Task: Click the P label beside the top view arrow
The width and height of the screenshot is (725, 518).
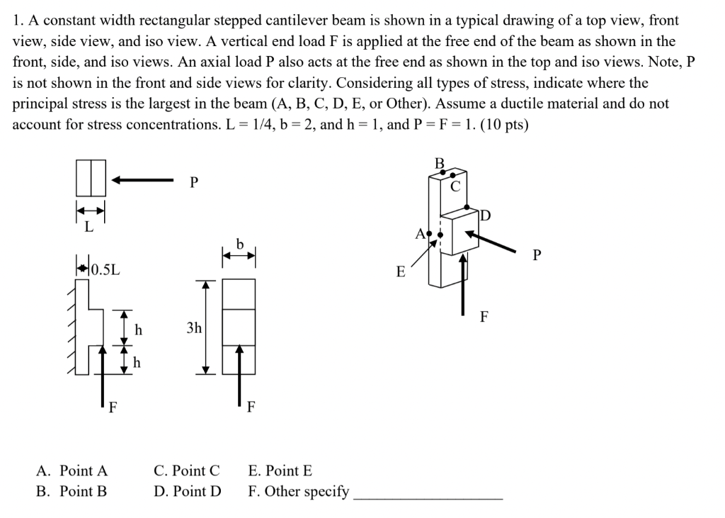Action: pyautogui.click(x=194, y=183)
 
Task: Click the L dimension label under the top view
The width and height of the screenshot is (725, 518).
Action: pyautogui.click(x=89, y=227)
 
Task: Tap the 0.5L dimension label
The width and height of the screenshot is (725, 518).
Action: pyautogui.click(x=106, y=269)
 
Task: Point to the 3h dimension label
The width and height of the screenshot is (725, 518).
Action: pyautogui.click(x=194, y=328)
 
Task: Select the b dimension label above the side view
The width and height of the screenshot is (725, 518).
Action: pyautogui.click(x=240, y=244)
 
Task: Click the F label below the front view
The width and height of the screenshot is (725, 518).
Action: pyautogui.click(x=113, y=407)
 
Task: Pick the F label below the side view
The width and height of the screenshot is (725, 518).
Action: pyautogui.click(x=250, y=407)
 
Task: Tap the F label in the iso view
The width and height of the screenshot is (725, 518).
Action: pyautogui.click(x=484, y=317)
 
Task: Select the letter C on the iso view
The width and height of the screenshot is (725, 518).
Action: pyautogui.click(x=456, y=186)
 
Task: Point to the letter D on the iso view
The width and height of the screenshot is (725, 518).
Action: pyautogui.click(x=485, y=215)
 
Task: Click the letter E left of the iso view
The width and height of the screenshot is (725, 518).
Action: pyautogui.click(x=400, y=272)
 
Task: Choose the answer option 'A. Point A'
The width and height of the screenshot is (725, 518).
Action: pyautogui.click(x=72, y=471)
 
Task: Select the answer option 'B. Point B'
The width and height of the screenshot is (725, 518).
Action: pyautogui.click(x=72, y=491)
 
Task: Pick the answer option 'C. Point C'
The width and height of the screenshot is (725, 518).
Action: pyautogui.click(x=187, y=471)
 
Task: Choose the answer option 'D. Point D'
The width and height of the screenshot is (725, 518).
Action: pyautogui.click(x=187, y=491)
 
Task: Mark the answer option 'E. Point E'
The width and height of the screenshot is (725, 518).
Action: pyautogui.click(x=280, y=471)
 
